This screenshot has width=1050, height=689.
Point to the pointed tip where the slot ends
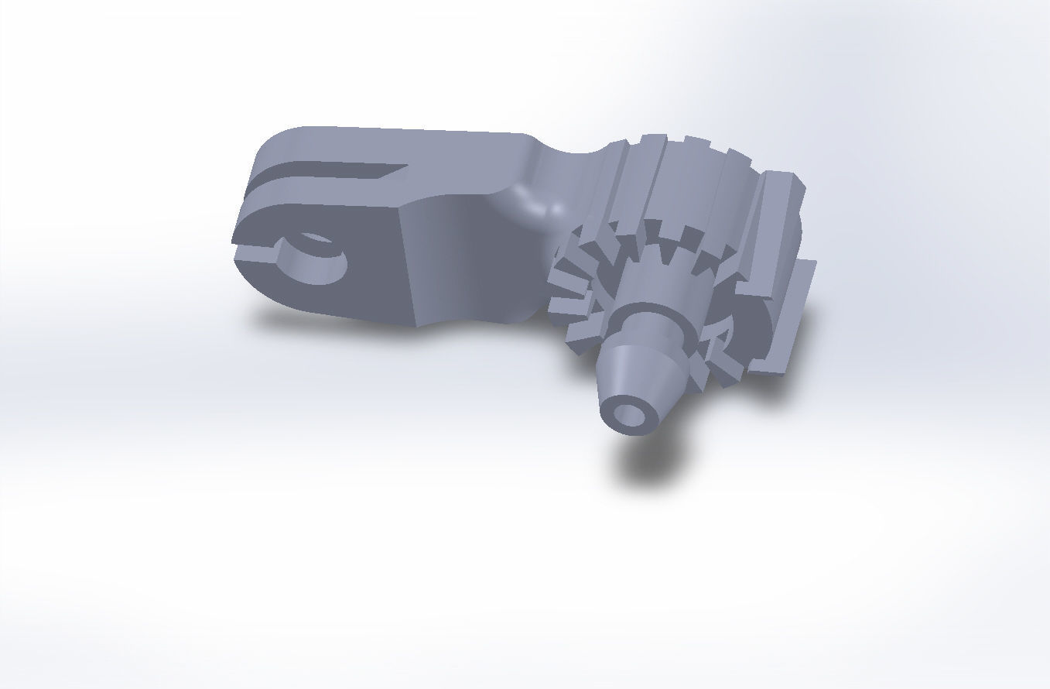pyautogui.click(x=405, y=166)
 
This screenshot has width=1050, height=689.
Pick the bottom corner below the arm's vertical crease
pyautogui.click(x=419, y=324)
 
